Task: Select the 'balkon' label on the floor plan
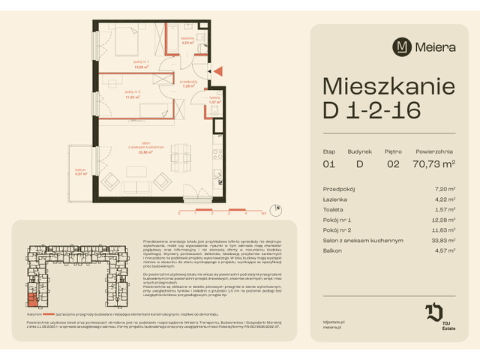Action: (x=80, y=172)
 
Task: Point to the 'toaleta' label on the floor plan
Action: (x=214, y=97)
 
